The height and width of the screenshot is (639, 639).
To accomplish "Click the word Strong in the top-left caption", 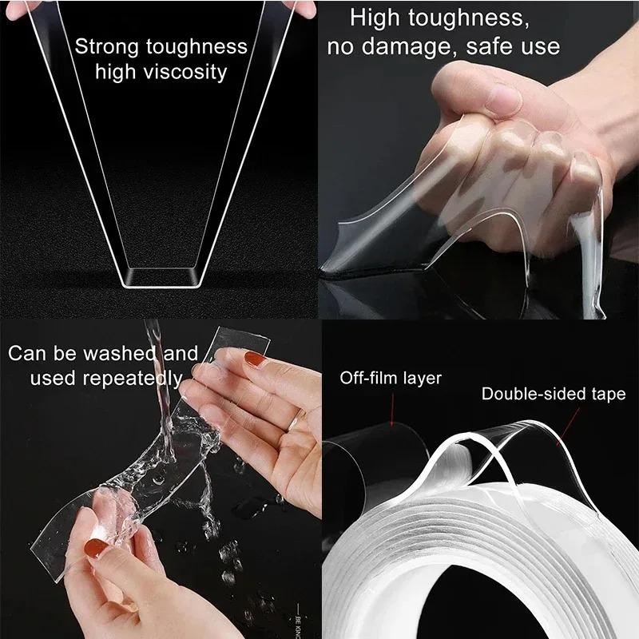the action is click(x=107, y=47).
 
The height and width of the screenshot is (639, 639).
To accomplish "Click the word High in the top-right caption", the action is click(x=375, y=18).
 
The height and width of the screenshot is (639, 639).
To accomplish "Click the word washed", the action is click(x=121, y=353).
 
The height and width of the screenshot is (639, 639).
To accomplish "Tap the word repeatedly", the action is click(x=133, y=379).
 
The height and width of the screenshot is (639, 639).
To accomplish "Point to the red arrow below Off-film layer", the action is click(x=393, y=410).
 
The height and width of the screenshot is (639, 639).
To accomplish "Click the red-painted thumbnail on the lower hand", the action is click(x=95, y=547).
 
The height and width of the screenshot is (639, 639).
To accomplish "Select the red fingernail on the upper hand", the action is click(x=255, y=359).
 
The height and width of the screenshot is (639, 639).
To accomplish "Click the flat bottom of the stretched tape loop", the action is click(x=161, y=278).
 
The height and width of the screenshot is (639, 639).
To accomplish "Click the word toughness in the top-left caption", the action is click(x=196, y=47).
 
